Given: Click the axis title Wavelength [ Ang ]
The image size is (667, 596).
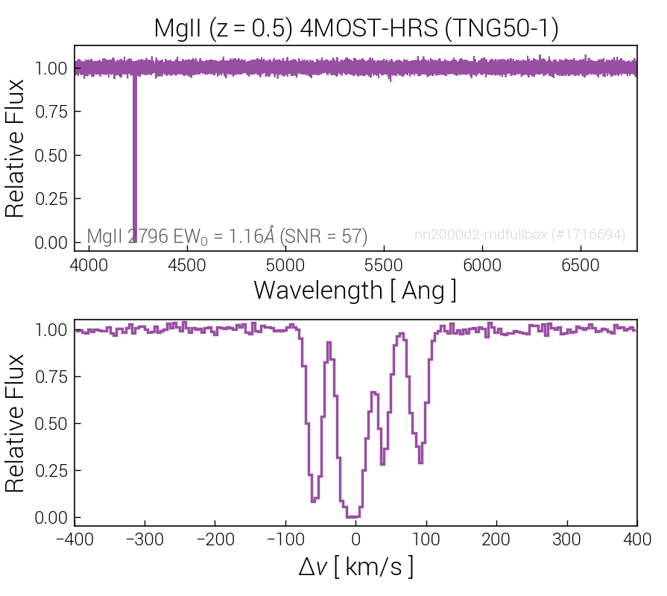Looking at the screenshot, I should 355,290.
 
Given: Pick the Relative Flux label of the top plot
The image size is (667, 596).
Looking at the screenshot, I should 16,148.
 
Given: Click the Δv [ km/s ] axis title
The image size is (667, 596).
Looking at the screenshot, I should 355,568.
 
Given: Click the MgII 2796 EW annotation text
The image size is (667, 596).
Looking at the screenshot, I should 227,236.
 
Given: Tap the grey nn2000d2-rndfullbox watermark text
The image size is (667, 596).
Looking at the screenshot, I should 519,235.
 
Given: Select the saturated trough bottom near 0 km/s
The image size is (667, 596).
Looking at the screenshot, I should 353,516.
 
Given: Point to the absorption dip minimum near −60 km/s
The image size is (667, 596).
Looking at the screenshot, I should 314,500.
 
